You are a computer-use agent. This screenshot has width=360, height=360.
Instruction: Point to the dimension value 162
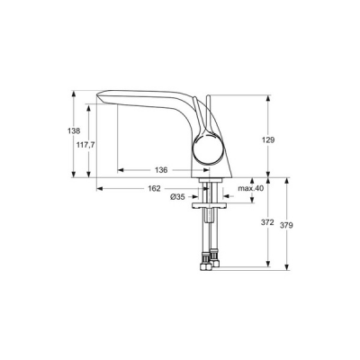[154, 188]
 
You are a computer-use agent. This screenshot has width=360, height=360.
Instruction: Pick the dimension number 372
[267, 222]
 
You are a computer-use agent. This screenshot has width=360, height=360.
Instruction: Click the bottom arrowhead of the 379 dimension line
[285, 267]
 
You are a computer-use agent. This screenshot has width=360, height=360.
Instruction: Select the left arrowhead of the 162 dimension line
[99, 188]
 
